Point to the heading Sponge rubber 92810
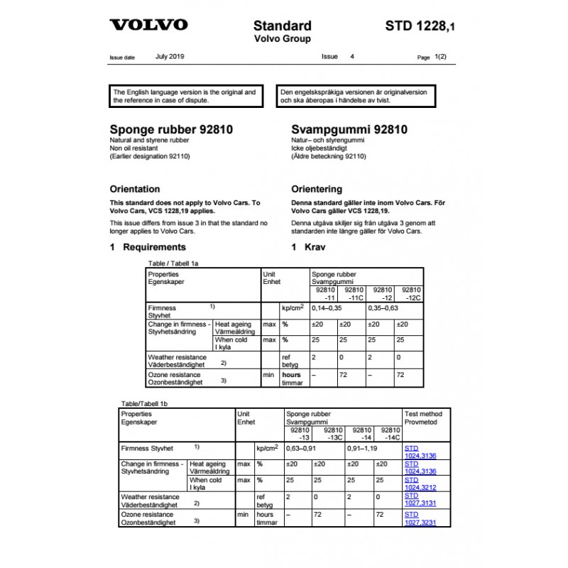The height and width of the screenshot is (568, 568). (170, 131)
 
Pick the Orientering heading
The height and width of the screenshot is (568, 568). (317, 190)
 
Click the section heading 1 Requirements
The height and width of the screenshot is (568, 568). (148, 247)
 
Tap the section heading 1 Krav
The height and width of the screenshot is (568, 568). (307, 247)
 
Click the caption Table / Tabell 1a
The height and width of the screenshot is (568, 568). (172, 263)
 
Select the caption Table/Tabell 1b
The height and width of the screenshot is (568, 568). (145, 403)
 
